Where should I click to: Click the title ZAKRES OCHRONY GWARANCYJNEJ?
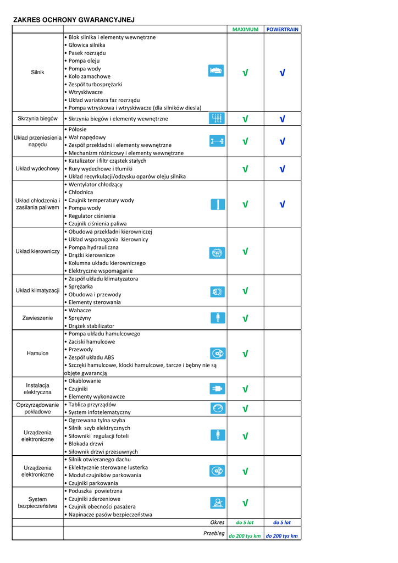pos(74,20)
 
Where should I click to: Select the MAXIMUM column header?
pos(245,30)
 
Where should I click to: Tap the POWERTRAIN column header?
pos(283,30)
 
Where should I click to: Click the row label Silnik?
pos(37,73)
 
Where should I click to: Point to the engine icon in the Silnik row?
pos(216,71)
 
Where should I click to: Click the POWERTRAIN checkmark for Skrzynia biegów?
pos(283,119)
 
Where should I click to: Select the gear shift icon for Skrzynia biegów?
pos(217,118)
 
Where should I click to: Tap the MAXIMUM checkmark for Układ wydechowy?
pos(245,169)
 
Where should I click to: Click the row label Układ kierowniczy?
pos(37,251)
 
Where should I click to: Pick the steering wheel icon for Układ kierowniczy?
pos(217,252)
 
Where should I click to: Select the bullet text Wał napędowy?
pos(87,137)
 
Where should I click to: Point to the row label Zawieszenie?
pos(37,318)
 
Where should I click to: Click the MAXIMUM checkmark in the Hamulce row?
pos(245,354)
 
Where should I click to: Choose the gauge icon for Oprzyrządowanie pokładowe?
pos(217,408)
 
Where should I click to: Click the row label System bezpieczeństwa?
pos(37,503)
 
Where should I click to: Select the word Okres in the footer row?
pos(217,522)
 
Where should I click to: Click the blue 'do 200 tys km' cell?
pos(282,536)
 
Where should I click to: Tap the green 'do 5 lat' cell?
pos(245,522)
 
